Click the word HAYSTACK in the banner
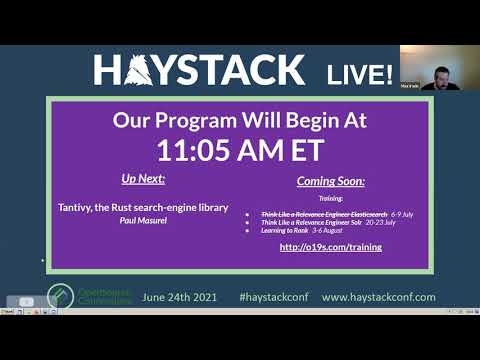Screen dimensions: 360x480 (200, 70)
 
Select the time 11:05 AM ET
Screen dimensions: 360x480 (239, 149)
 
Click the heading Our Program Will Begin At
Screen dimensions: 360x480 (240, 120)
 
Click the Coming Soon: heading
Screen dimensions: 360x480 (331, 182)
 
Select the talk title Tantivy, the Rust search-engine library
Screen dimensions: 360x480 (144, 208)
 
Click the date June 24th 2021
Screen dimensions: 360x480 (181, 297)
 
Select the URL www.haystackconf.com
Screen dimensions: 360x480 (379, 297)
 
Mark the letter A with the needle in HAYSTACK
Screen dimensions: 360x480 (138, 70)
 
